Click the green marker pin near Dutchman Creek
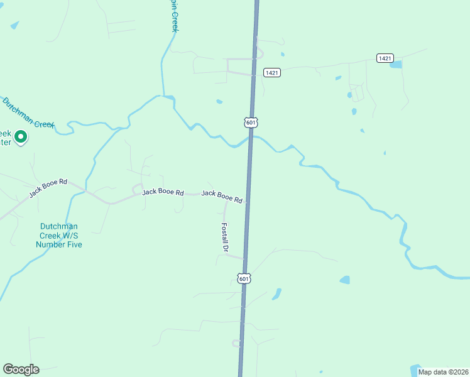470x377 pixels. click(20, 136)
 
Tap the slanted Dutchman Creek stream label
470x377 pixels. click(28, 112)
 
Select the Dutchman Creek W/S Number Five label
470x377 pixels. click(61, 235)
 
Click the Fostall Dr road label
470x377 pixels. click(224, 237)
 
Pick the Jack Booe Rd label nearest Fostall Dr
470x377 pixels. click(222, 197)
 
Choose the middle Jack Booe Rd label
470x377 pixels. click(163, 192)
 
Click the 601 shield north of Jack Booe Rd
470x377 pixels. click(251, 122)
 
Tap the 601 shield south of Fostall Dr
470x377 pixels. click(244, 278)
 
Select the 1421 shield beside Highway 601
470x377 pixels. click(271, 73)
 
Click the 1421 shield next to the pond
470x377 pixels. click(385, 58)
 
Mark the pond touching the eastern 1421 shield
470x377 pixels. click(396, 64)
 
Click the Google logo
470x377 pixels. click(21, 369)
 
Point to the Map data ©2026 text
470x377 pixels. click(443, 371)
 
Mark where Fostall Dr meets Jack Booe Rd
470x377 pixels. click(226, 202)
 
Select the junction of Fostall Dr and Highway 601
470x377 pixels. click(244, 258)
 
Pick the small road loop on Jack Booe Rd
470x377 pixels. click(137, 188)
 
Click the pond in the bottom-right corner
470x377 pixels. click(416, 370)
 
